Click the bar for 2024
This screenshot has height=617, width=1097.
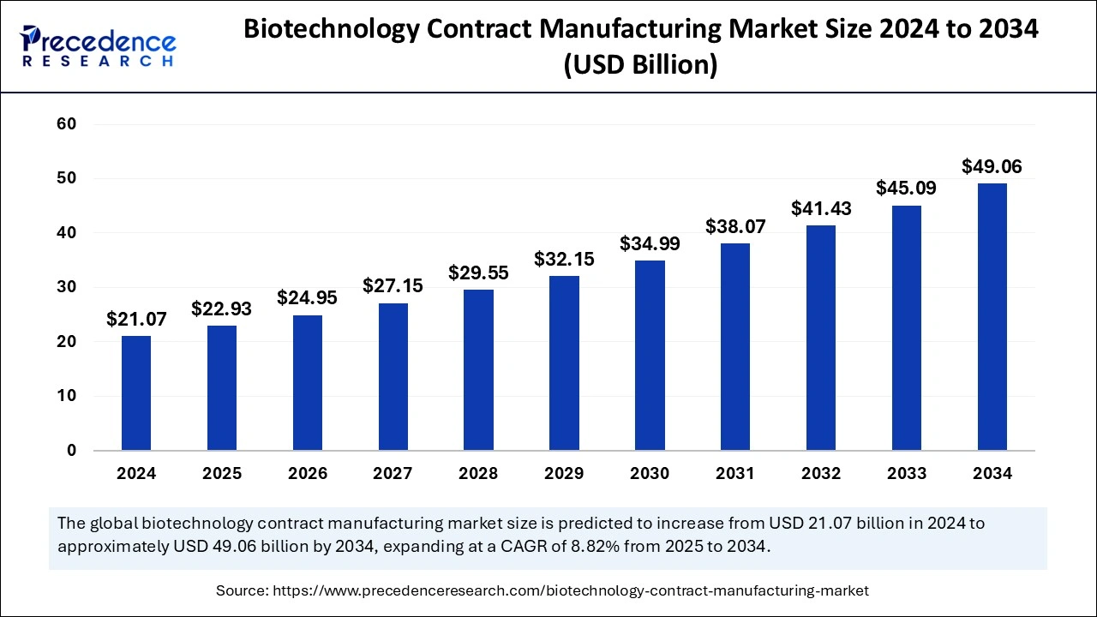(135, 393)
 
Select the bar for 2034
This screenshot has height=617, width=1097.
(992, 317)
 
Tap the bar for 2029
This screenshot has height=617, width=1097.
(564, 363)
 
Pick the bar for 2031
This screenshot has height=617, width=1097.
(735, 347)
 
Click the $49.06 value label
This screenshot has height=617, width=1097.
(992, 166)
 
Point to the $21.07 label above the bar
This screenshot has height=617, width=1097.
(135, 319)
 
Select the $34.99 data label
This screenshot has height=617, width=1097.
(650, 243)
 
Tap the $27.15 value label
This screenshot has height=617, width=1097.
(393, 286)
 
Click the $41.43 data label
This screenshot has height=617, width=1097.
(821, 208)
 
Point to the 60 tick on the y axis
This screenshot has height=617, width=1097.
(67, 124)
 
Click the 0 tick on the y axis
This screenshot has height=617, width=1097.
(72, 451)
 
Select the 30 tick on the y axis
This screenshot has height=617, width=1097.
(67, 287)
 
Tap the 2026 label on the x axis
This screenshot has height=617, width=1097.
(307, 474)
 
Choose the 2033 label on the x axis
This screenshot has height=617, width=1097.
(907, 474)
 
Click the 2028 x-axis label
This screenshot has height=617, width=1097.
(478, 474)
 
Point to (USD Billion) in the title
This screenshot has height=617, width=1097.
(640, 64)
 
